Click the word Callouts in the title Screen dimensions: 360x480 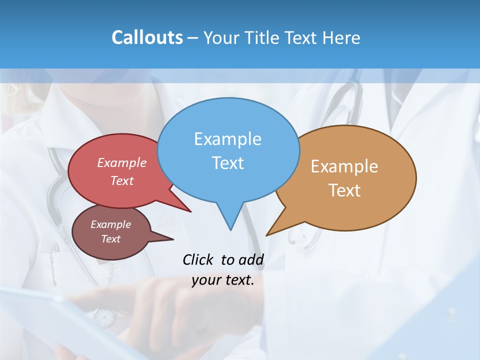147,37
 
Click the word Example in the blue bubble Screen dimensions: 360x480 227,139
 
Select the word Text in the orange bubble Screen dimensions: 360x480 344,190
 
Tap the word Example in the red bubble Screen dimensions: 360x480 122,162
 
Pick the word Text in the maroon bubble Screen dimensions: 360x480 111,239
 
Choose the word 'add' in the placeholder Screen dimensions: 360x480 251,259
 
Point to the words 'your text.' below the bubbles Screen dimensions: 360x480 223,280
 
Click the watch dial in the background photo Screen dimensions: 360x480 104,317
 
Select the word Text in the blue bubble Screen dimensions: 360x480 227,163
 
